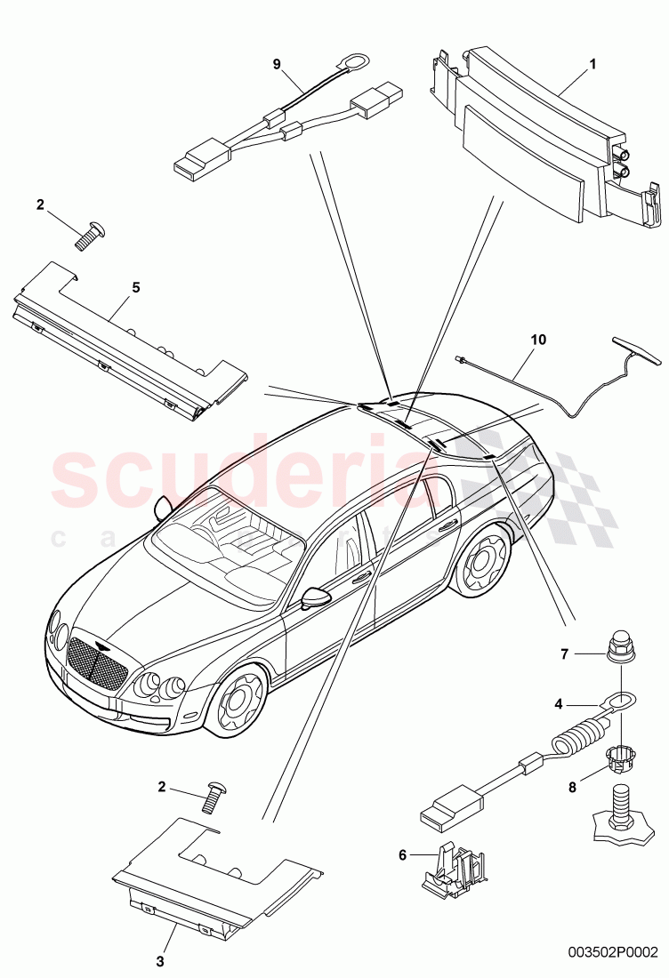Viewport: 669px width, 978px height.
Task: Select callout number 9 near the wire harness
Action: [x=276, y=64]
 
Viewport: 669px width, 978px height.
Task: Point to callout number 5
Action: [x=136, y=287]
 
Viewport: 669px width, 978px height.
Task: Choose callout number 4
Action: [x=559, y=704]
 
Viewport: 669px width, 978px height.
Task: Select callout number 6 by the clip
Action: [x=403, y=854]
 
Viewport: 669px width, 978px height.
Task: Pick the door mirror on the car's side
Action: [x=314, y=598]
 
